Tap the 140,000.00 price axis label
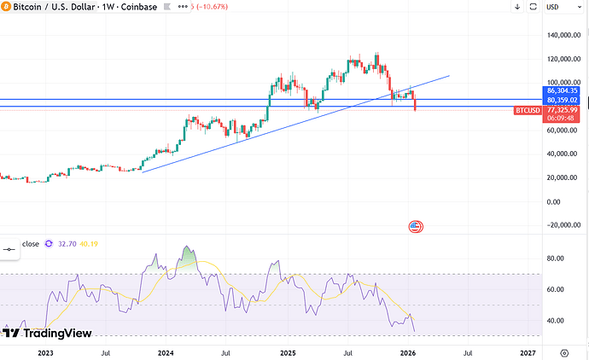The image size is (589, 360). click(564, 35)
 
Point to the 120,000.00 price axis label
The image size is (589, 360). click(564, 59)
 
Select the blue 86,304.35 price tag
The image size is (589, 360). click(563, 90)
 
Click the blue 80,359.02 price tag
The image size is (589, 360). click(563, 99)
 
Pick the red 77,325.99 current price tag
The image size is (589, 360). click(563, 110)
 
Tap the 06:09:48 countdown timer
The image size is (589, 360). click(563, 119)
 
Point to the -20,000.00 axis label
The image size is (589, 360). click(564, 225)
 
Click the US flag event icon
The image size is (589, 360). click(416, 226)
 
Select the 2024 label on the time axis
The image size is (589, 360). click(166, 351)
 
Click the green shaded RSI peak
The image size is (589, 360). click(188, 256)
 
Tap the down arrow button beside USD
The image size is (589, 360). click(519, 9)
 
